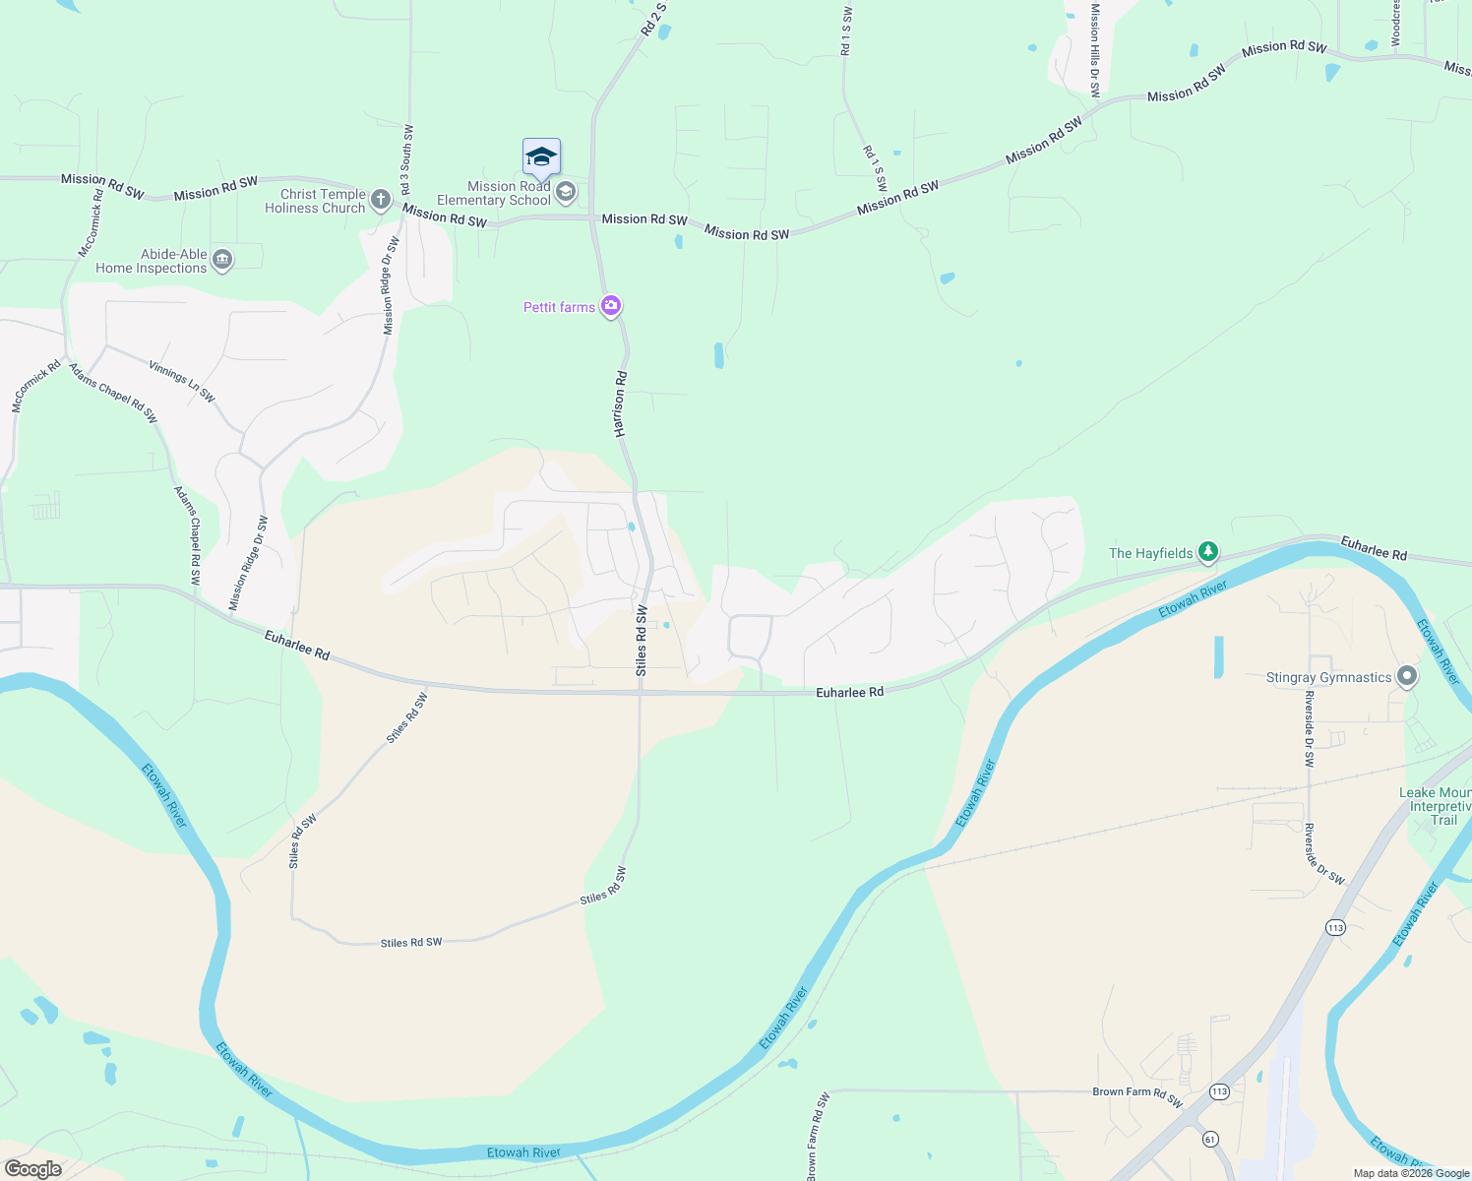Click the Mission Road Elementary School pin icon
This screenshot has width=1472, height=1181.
[x=566, y=192]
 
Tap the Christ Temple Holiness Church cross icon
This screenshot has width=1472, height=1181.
[x=381, y=201]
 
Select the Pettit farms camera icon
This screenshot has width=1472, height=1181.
[x=611, y=307]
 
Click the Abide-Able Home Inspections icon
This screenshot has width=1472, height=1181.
[x=222, y=260]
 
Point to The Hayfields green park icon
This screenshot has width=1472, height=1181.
[x=1208, y=552]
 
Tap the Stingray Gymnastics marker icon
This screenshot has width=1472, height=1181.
[x=1407, y=676]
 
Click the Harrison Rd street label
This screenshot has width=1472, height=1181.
[x=620, y=404]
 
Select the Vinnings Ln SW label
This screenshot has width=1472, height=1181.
[x=182, y=381]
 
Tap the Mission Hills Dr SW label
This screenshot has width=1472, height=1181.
[x=1094, y=49]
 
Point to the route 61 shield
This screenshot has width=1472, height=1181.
[x=1209, y=1139]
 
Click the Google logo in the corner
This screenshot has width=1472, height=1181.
[x=33, y=1169]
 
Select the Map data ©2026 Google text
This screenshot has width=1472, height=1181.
[x=1411, y=1173]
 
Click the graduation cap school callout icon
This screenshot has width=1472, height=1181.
[x=541, y=157]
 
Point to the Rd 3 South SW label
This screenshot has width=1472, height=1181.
[x=405, y=159]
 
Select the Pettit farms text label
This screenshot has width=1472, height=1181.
[x=559, y=307]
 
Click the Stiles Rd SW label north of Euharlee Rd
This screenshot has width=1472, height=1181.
[x=642, y=641]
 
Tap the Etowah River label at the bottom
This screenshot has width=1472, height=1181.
[x=523, y=1152]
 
